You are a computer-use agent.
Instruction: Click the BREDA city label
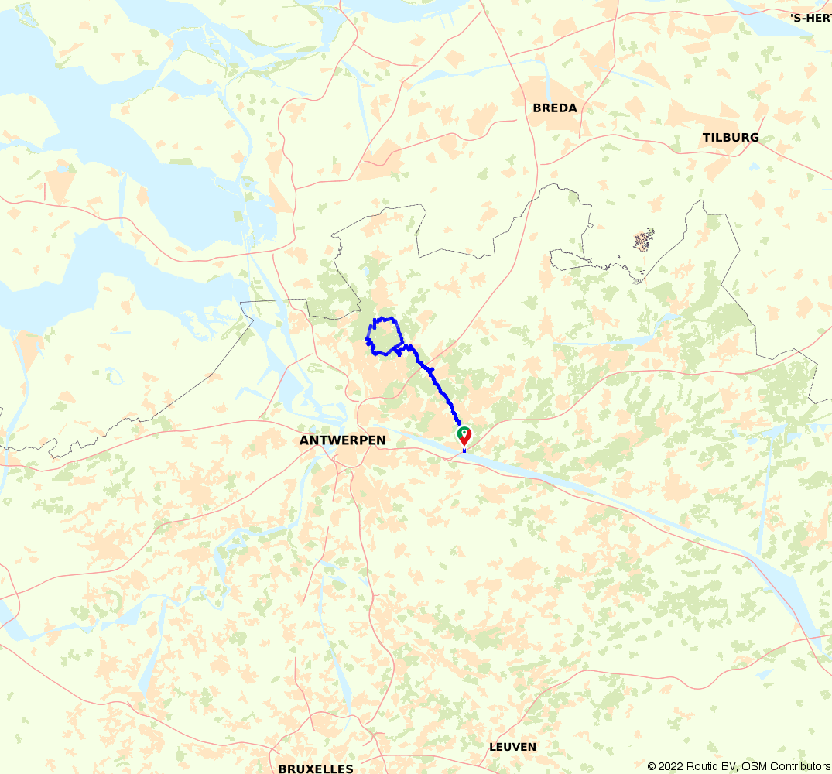coord(555,108)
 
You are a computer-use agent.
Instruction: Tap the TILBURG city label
coord(731,138)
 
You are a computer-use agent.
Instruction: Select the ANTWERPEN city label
coord(342,440)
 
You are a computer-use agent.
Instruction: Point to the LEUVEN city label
coord(512,747)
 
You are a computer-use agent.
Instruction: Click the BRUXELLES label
coord(316,769)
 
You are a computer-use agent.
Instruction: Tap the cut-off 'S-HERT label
coord(810,17)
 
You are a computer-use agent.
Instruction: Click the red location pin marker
coord(464,436)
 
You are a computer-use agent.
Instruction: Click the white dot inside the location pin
coord(464,433)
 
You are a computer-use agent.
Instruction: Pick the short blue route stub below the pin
coord(464,450)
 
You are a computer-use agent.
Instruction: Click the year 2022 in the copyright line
coord(671,766)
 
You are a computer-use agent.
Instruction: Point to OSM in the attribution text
coord(755,766)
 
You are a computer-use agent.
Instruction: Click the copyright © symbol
coord(652,766)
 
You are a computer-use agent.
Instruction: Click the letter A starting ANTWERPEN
coord(304,440)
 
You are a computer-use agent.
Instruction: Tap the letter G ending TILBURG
coord(754,138)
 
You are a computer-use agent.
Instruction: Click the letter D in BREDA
coord(563,108)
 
